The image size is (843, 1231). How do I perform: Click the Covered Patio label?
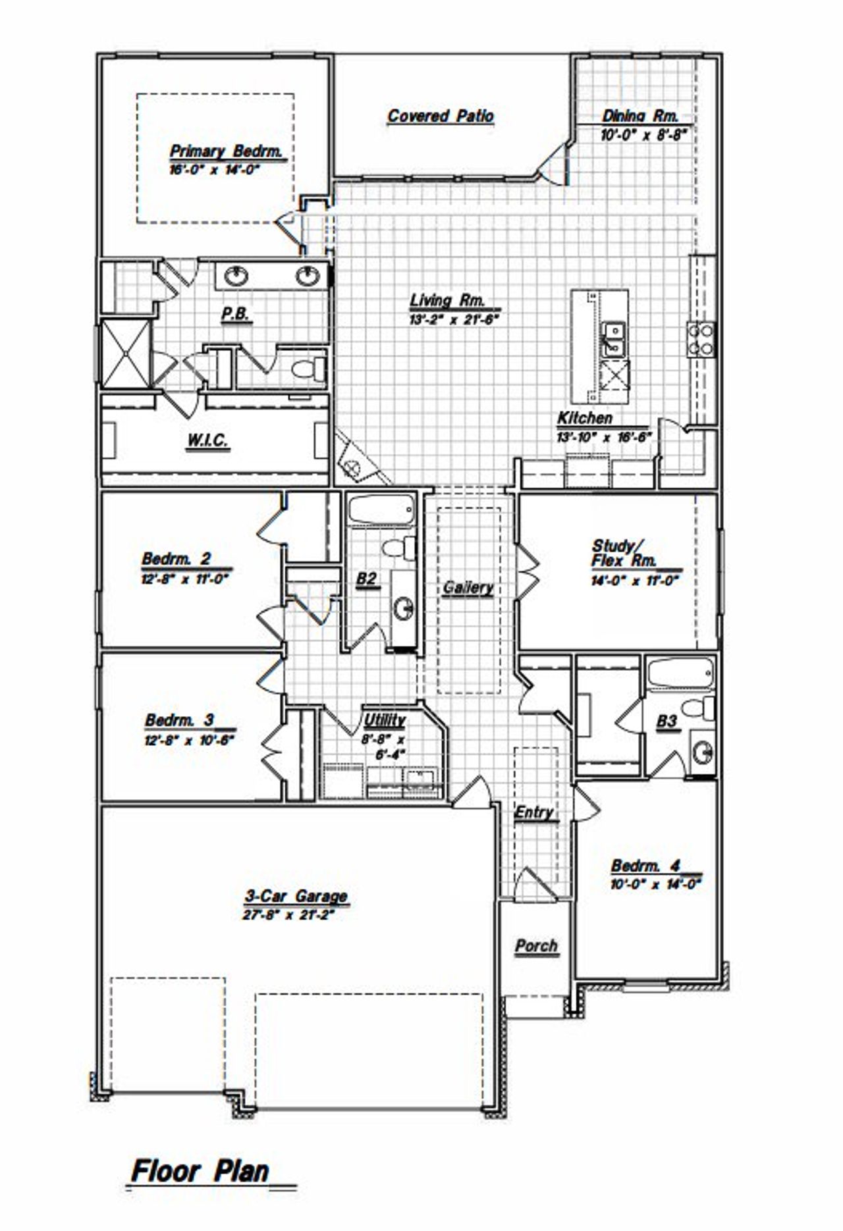click(x=440, y=116)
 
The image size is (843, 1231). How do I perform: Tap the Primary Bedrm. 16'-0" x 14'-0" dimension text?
click(x=215, y=169)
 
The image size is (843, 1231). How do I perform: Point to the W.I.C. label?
click(x=207, y=440)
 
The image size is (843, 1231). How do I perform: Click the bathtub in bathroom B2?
click(x=381, y=510)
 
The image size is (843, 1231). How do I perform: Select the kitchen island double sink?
click(x=614, y=337)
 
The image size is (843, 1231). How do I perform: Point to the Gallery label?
click(x=468, y=587)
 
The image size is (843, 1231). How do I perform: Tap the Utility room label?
click(x=385, y=720)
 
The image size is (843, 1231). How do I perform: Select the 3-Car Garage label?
click(x=296, y=896)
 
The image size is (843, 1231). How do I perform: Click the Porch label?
click(x=536, y=946)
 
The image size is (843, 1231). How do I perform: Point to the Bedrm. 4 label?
click(x=645, y=865)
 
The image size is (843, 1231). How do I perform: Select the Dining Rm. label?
click(x=640, y=116)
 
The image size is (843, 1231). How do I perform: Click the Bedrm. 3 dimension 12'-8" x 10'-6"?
click(x=190, y=739)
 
